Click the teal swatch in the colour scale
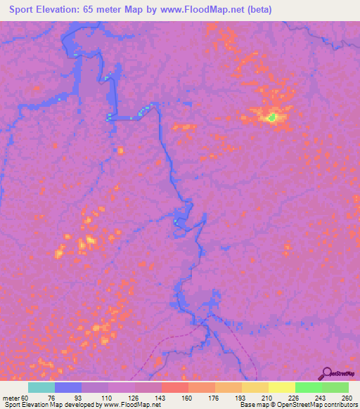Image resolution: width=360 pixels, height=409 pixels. [41, 387]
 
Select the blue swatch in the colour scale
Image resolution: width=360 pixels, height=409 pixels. [68, 387]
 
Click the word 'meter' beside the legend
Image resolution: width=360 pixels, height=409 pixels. [11, 397]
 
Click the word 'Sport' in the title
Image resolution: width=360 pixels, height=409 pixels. [26, 10]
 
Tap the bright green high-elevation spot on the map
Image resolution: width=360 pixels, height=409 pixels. [272, 117]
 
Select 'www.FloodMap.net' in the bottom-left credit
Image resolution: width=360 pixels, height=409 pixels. [133, 404]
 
